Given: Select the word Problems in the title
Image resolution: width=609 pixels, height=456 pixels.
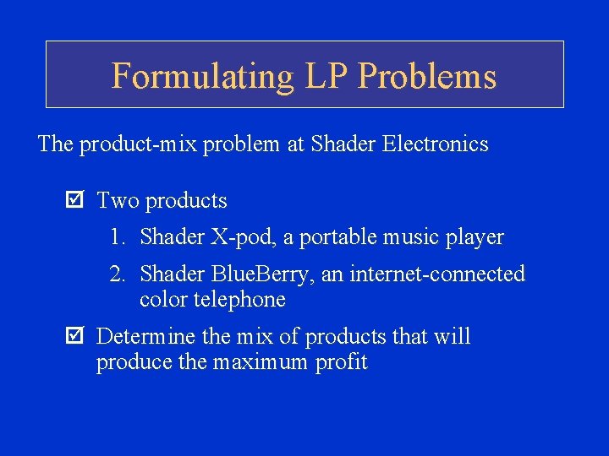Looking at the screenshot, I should (x=427, y=76).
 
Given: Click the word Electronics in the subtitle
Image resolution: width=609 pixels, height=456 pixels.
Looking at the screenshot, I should (x=435, y=144).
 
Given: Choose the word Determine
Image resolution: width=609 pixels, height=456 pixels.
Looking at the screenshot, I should (x=146, y=337).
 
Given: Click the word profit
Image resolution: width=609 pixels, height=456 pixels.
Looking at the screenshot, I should (x=343, y=363).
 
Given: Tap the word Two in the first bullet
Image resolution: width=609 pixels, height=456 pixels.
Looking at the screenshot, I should (x=118, y=201).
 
